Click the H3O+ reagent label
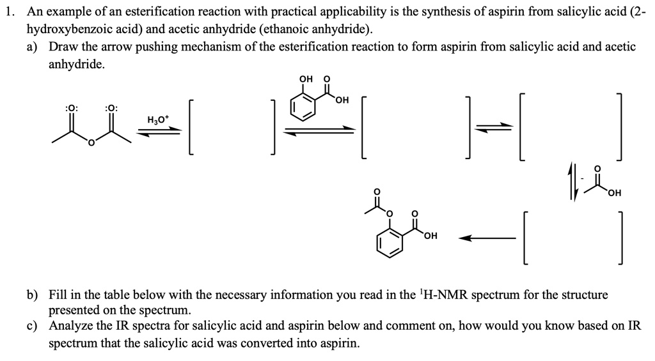click(x=158, y=119)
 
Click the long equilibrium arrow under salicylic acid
click(x=319, y=131)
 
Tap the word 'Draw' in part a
click(x=63, y=47)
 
